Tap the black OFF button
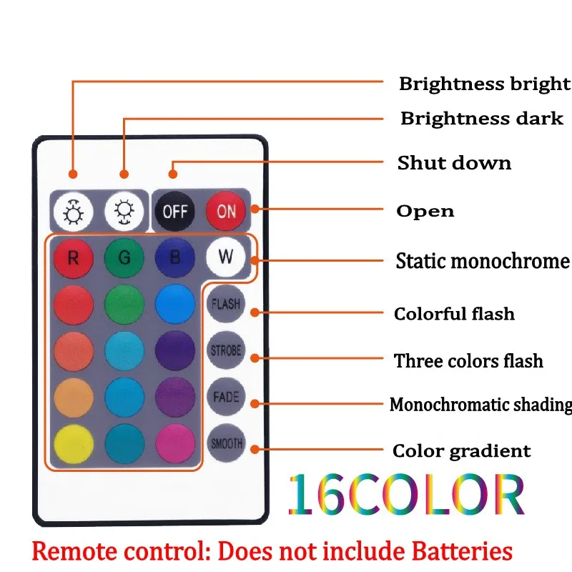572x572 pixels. click(174, 211)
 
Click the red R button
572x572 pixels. click(74, 257)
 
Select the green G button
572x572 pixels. click(124, 257)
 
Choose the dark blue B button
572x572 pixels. click(174, 257)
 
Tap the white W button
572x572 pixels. click(225, 257)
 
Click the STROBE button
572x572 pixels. click(225, 351)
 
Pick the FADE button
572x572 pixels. click(225, 397)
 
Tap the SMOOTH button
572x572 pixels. click(225, 443)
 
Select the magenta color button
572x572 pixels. click(174, 443)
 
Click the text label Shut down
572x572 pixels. click(454, 163)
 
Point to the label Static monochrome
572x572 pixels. click(483, 261)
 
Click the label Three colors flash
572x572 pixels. click(468, 361)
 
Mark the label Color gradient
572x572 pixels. click(461, 451)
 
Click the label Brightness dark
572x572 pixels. click(481, 119)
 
